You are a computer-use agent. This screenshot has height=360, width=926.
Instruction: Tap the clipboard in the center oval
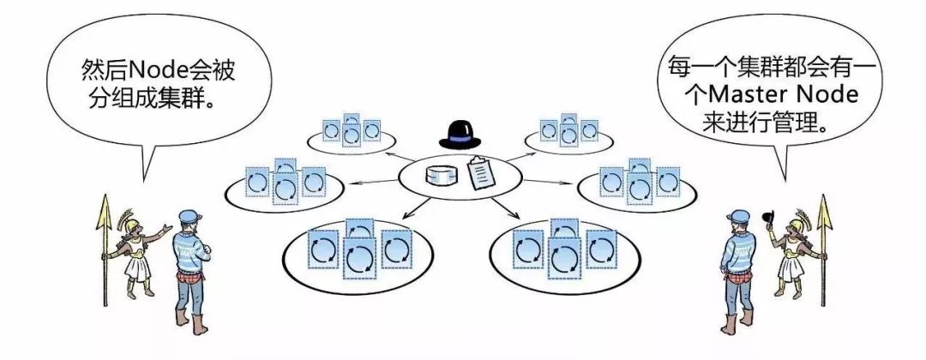pos(481,173)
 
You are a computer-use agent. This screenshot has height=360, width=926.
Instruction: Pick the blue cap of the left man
pos(190,216)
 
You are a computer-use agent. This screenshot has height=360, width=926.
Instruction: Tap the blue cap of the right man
pos(737,216)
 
